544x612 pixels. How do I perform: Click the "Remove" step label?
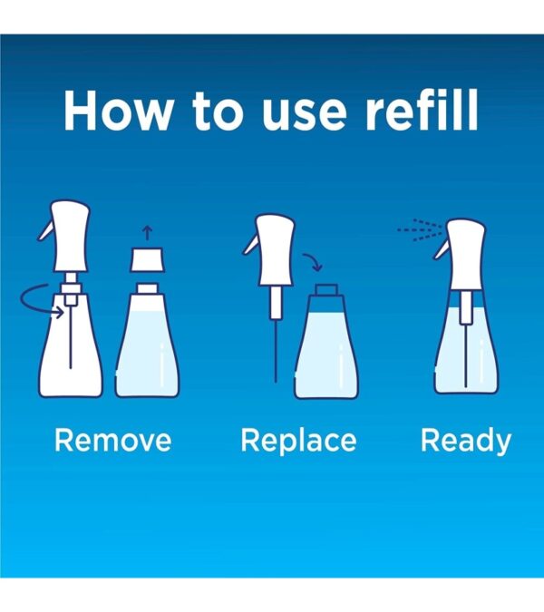tap(112, 441)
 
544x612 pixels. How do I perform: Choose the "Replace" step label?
tap(298, 442)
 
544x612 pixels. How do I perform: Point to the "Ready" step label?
tap(466, 441)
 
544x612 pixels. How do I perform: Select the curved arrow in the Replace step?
tap(311, 263)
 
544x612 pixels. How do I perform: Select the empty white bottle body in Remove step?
tap(71, 354)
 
